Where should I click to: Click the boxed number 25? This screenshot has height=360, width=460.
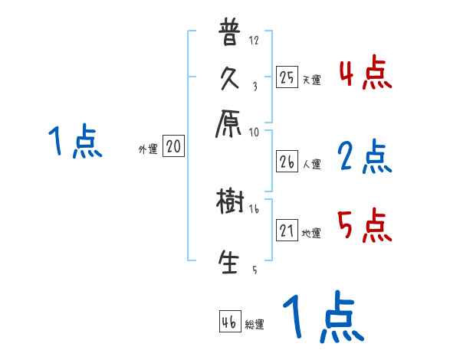coord(287,77)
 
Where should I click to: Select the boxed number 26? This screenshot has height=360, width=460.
coord(287,162)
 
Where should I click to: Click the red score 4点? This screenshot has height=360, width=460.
coord(366,75)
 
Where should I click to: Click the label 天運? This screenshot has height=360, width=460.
coord(311,80)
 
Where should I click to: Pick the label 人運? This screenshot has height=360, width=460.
coord(311,164)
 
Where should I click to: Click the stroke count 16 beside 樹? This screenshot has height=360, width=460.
coord(254,208)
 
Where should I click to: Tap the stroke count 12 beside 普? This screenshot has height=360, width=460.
coord(254,40)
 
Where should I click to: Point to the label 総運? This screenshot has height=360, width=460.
coord(255,325)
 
